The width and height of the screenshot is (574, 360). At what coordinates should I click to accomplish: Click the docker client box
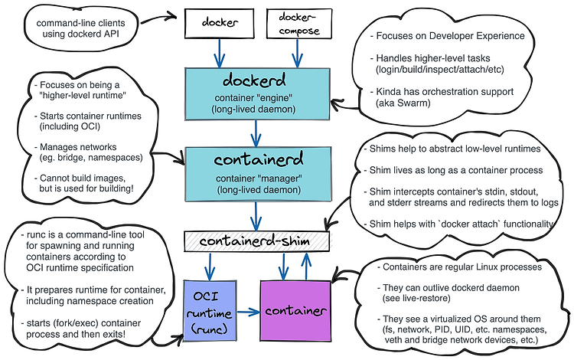(220, 24)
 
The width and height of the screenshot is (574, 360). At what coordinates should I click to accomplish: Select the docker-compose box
(299, 24)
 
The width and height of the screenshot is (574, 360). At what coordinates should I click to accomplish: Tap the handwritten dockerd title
(254, 80)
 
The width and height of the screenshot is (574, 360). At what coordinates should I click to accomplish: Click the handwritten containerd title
(259, 159)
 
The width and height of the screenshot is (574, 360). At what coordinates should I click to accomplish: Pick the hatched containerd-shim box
(256, 241)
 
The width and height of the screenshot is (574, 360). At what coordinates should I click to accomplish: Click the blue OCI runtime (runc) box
(210, 311)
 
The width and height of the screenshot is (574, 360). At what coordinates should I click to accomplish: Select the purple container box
(295, 311)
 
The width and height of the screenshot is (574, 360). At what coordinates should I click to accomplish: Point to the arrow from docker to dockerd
(220, 54)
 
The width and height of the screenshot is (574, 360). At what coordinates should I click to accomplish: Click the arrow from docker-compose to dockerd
(297, 54)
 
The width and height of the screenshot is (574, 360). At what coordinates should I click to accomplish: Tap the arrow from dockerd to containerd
(256, 134)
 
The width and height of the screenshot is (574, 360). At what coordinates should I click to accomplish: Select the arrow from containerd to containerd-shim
(256, 217)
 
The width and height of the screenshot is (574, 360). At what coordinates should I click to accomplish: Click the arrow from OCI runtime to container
(249, 312)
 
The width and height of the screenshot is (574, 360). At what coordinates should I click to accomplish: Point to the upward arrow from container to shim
(306, 267)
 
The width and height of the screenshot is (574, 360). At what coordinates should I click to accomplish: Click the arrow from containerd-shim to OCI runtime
(210, 267)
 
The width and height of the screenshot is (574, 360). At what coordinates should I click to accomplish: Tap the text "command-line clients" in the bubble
(80, 23)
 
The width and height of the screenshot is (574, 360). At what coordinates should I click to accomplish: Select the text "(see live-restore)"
(416, 298)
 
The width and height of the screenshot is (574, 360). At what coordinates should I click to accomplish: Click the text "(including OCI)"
(70, 126)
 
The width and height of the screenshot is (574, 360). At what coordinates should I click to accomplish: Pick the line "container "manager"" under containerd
(259, 178)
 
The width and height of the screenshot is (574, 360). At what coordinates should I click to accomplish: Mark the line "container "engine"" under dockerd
(253, 98)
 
